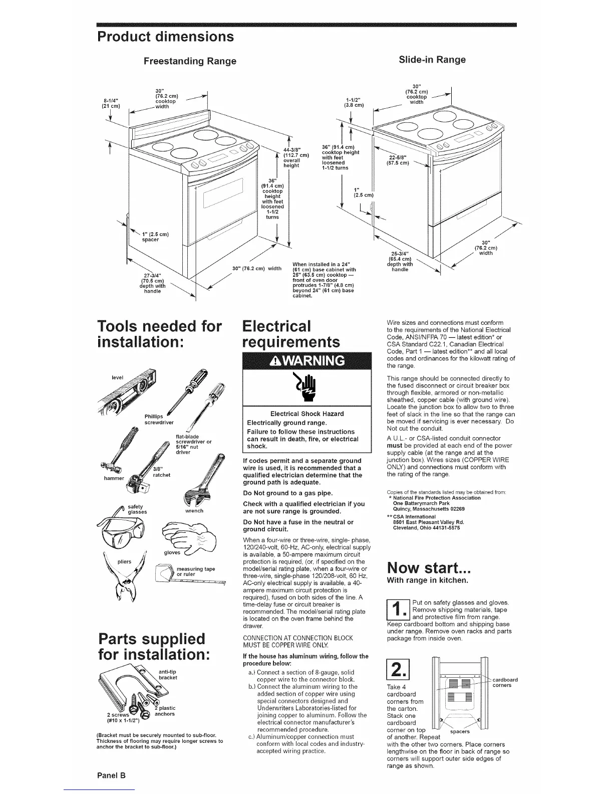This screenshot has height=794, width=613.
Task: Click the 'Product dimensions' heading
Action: point(166,37)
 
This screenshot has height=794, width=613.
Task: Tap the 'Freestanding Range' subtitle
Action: point(190,61)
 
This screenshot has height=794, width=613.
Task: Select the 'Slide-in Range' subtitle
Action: point(432,60)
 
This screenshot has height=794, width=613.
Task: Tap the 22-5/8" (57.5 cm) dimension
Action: point(398,159)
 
